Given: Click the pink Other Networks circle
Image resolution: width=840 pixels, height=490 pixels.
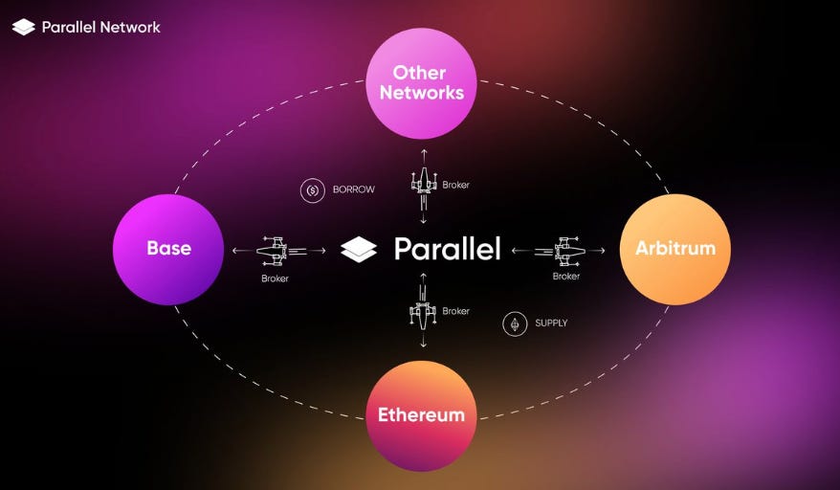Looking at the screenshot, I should [421, 83].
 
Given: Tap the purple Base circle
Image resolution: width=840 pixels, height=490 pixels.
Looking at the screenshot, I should [169, 249].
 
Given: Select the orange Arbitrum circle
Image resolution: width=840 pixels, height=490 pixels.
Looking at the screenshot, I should [675, 249].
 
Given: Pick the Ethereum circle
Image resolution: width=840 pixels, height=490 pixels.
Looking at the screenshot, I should [421, 415].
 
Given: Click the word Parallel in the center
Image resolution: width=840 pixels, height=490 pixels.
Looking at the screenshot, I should [447, 249].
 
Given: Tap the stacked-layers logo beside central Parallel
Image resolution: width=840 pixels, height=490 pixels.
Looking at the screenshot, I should [360, 249].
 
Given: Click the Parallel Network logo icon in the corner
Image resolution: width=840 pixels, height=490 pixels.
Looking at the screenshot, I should [24, 27].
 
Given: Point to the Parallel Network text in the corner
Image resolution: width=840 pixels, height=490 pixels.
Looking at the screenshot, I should [101, 27].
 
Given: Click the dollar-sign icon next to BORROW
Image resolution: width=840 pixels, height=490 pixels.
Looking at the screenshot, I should [312, 189].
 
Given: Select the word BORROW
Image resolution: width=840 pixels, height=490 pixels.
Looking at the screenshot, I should [353, 189].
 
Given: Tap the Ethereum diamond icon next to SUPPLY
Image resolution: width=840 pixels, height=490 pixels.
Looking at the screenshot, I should [515, 323].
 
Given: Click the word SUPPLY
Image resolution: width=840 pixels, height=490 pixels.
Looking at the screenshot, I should [551, 323].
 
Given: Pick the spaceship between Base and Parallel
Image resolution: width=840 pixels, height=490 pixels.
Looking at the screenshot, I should [276, 251].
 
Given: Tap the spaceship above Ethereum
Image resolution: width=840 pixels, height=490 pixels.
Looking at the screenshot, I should [423, 311].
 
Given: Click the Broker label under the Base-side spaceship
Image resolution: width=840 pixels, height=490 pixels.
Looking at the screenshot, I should [275, 278].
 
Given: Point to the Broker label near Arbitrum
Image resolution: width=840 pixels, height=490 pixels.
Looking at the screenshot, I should [565, 277].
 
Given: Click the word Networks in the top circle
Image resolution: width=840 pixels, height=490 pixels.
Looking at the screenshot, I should [421, 93].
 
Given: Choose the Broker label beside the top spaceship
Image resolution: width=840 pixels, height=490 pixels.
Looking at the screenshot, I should [455, 185].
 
